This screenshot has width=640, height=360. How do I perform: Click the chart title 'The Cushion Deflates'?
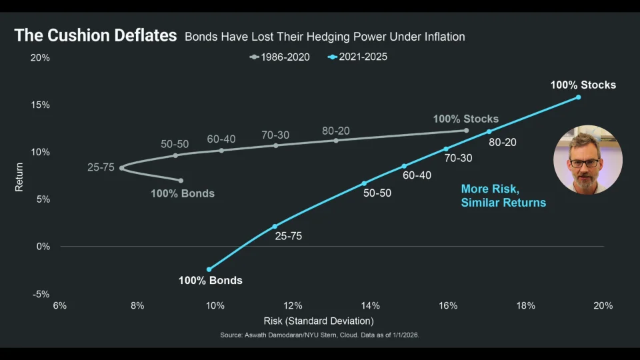[x=95, y=35]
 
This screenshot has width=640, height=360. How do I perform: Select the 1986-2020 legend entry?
[x=279, y=57]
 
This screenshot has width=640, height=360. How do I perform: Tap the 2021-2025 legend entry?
[x=357, y=57]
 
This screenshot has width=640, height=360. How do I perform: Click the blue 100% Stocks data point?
[x=579, y=97]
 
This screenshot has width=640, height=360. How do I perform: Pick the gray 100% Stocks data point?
[x=467, y=131]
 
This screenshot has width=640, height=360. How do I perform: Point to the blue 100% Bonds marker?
[x=209, y=269]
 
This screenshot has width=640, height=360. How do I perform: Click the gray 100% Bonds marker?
[x=181, y=181]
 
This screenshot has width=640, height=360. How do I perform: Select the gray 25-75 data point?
[x=121, y=168]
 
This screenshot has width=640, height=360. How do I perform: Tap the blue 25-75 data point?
[x=275, y=226]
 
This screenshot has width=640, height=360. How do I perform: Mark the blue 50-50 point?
[x=364, y=183]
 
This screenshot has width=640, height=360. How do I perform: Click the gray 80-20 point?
[x=336, y=141]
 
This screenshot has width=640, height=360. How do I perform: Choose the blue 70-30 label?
[x=459, y=159]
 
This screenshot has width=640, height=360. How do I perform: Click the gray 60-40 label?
[x=221, y=139]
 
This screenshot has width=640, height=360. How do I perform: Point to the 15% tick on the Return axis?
[x=40, y=105]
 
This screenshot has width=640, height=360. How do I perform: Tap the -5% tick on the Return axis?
[x=41, y=294]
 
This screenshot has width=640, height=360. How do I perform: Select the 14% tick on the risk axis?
[x=370, y=306]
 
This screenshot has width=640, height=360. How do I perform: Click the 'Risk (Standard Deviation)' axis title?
[x=319, y=321]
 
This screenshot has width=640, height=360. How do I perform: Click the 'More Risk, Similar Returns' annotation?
[x=503, y=196]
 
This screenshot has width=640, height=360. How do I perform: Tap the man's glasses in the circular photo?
[x=585, y=163]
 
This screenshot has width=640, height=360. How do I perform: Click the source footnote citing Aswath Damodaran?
[x=319, y=335]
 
